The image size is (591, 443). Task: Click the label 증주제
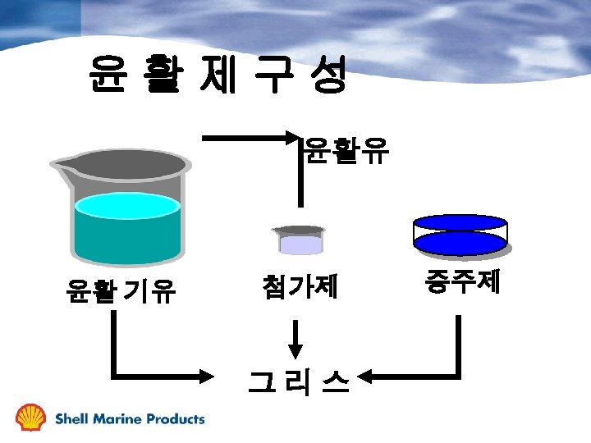click(462, 282)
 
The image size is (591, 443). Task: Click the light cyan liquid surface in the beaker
click(126, 204)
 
